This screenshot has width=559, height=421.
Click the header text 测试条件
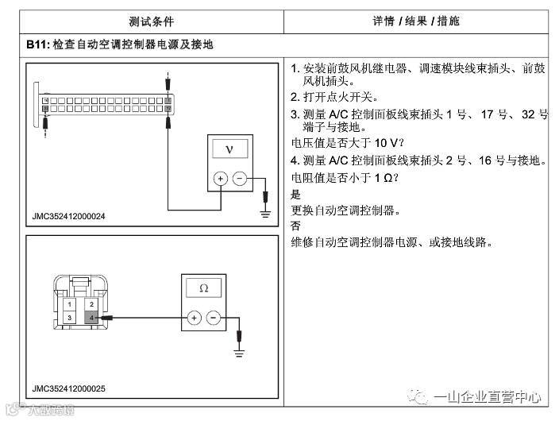150,21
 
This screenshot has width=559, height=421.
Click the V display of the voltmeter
230,149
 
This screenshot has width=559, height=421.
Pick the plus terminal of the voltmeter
220,179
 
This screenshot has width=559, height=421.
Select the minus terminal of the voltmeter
240,179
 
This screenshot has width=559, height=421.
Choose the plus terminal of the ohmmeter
193,318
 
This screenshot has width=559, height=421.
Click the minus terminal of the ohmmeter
213,318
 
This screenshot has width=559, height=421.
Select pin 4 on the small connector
92,318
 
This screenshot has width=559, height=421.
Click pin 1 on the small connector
71,304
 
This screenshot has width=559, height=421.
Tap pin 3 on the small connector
71,318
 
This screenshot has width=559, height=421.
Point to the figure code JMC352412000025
70,388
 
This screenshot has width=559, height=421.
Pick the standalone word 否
296,226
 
